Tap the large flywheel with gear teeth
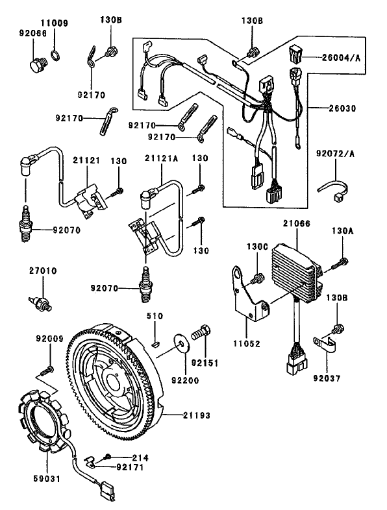[x=117, y=376]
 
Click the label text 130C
[x=257, y=247]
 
